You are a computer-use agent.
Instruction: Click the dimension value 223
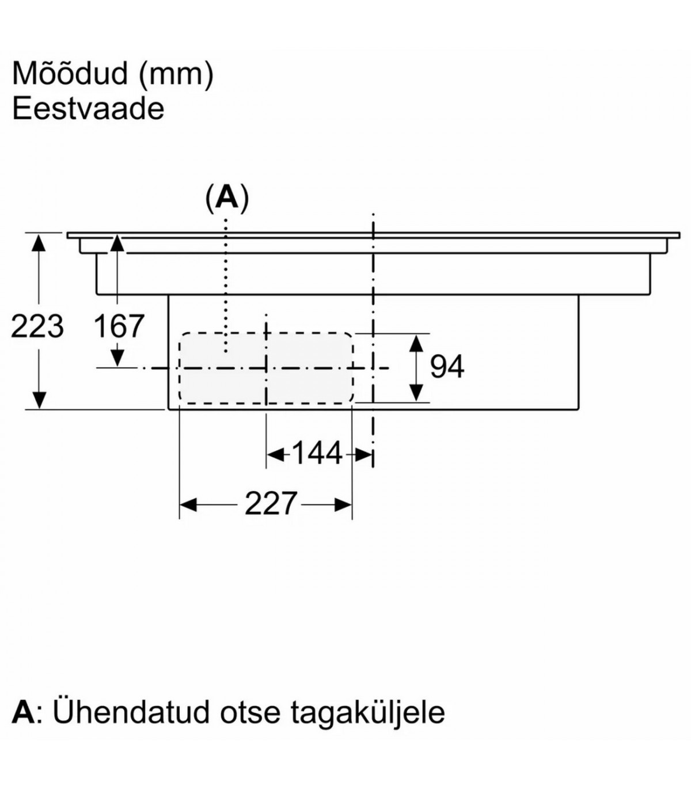tap(37, 326)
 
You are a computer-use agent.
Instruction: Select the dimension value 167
tap(118, 326)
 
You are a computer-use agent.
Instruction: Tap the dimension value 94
tap(447, 367)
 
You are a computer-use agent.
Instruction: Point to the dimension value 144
tap(317, 454)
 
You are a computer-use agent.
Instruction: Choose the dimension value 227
tap(271, 504)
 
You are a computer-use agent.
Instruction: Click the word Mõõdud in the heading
tap(69, 74)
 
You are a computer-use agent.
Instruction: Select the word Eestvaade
tap(88, 109)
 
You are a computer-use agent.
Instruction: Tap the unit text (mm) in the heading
tap(177, 75)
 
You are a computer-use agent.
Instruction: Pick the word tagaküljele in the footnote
tap(368, 713)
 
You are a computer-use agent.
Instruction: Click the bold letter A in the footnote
tap(23, 712)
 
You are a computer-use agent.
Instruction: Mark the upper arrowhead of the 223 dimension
tap(38, 242)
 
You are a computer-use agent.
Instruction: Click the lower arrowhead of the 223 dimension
tap(38, 400)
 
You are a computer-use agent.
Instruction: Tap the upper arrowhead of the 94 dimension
tap(416, 343)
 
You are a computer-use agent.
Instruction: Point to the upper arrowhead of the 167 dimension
tap(117, 242)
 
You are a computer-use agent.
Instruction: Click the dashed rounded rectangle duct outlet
tap(265, 367)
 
